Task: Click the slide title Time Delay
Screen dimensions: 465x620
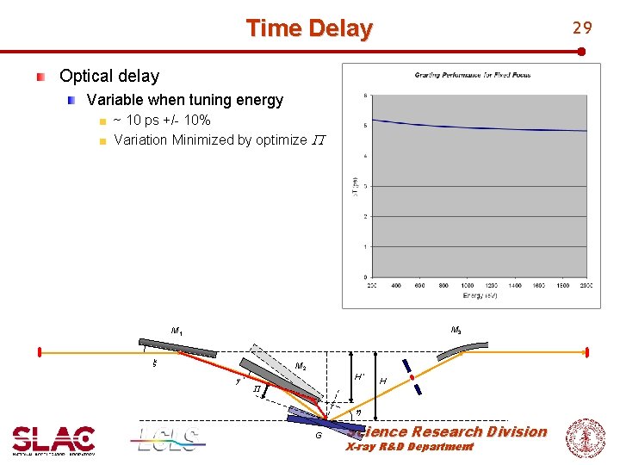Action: pyautogui.click(x=309, y=28)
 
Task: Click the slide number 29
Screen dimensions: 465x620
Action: pyautogui.click(x=583, y=28)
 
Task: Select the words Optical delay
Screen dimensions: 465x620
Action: pyautogui.click(x=109, y=76)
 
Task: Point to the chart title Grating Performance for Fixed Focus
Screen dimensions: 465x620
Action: pyautogui.click(x=473, y=75)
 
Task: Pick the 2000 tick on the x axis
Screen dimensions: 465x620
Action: pyautogui.click(x=586, y=286)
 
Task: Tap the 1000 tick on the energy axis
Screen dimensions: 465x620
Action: pyautogui.click(x=468, y=286)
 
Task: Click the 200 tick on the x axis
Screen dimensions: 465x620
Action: pyautogui.click(x=373, y=286)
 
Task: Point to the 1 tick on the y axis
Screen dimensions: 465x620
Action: pyautogui.click(x=367, y=247)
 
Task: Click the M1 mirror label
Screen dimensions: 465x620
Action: pyautogui.click(x=177, y=331)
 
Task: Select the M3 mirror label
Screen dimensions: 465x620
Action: pyautogui.click(x=456, y=330)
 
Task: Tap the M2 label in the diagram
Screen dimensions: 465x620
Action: pyautogui.click(x=301, y=366)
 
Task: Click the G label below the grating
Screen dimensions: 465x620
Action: pyautogui.click(x=318, y=437)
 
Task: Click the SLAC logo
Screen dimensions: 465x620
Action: pyautogui.click(x=53, y=439)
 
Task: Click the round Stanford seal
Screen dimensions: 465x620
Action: pyautogui.click(x=585, y=437)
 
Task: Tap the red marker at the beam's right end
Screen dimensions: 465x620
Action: pyautogui.click(x=586, y=352)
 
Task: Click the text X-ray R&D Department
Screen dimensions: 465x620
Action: pyautogui.click(x=409, y=447)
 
